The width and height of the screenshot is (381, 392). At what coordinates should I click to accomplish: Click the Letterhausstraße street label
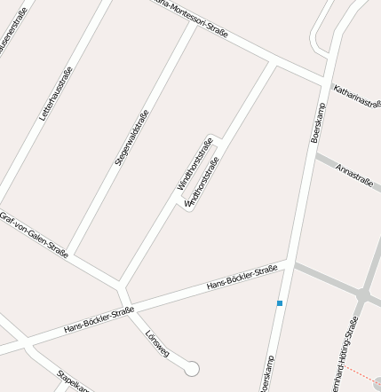pyautogui.click(x=55, y=94)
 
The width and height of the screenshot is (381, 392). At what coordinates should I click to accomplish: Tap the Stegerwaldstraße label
pyautogui.click(x=131, y=137)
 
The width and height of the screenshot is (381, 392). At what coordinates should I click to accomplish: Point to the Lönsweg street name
pyautogui.click(x=157, y=342)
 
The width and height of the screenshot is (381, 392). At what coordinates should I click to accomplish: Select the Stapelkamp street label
pyautogui.click(x=73, y=379)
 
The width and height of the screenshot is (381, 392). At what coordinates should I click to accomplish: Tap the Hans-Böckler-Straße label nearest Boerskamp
pyautogui.click(x=242, y=278)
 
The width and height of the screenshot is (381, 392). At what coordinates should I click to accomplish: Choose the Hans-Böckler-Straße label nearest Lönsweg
pyautogui.click(x=99, y=320)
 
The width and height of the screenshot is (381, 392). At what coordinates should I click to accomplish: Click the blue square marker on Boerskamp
pyautogui.click(x=280, y=303)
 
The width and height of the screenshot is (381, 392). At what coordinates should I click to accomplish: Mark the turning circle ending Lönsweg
pyautogui.click(x=191, y=368)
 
